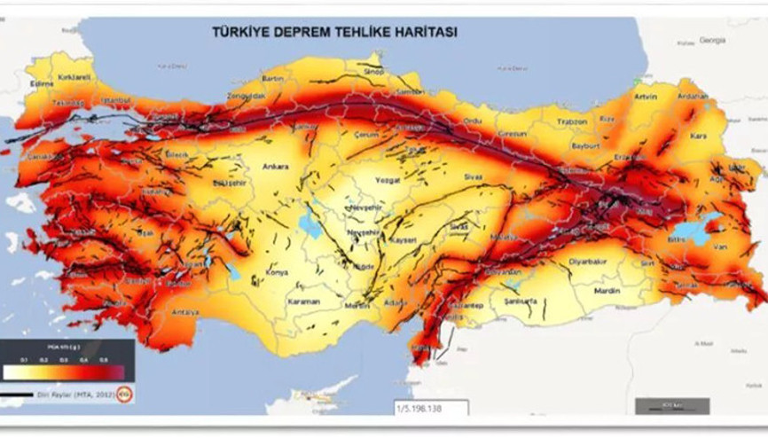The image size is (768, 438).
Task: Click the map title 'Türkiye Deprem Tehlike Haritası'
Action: click(x=333, y=31)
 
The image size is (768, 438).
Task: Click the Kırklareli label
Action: click(x=74, y=77)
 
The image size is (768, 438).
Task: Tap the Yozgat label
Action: click(x=388, y=179)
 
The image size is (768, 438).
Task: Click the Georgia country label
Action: click(x=713, y=40)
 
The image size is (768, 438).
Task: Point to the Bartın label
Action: click(x=272, y=78)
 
